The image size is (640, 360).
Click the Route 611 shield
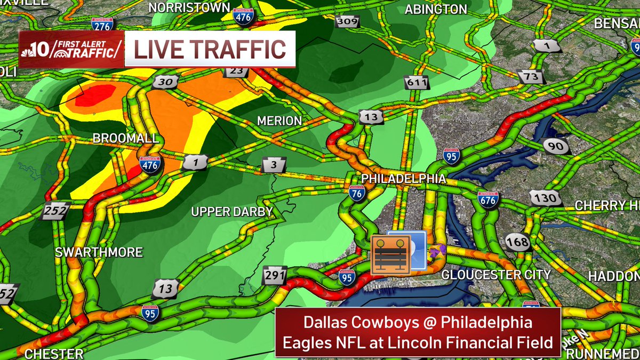pyautogui.click(x=416, y=83)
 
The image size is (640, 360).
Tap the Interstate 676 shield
pyautogui.click(x=488, y=199)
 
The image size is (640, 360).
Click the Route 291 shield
pyautogui.click(x=275, y=275)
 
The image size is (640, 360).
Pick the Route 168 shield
pyautogui.click(x=517, y=242)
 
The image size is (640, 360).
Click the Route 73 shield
pyautogui.click(x=531, y=77)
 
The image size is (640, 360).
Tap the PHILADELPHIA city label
pyautogui.click(x=403, y=179)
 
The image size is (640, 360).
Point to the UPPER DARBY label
pyautogui.click(x=232, y=212)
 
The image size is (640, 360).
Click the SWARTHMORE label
pyautogui.click(x=99, y=252)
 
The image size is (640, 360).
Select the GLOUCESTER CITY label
pyautogui.click(x=496, y=275)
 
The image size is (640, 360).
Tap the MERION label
pyautogui.click(x=279, y=121)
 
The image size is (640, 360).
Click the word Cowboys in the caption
pyautogui.click(x=381, y=323)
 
